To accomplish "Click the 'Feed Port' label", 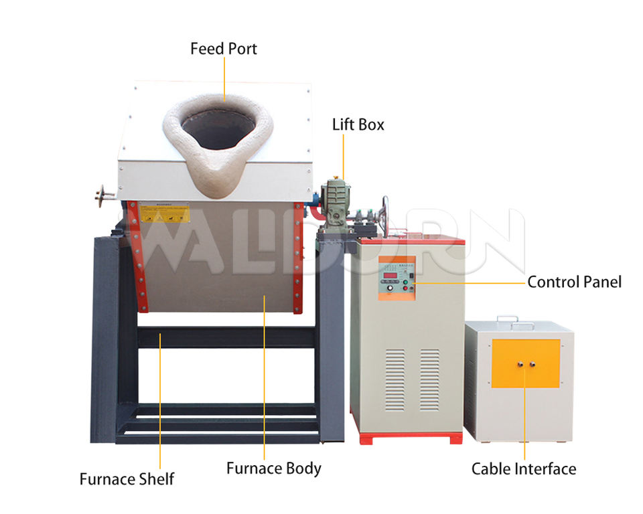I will point(223,49).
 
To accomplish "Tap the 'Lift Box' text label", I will point(358,124).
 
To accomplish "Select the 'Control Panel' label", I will point(574,282).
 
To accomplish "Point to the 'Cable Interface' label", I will point(523,468).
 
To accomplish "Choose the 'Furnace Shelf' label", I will point(127,479).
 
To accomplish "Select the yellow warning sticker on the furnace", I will point(164,213).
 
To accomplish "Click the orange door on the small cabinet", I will point(526,363).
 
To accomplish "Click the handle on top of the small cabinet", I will point(515,321).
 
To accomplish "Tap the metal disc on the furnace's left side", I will point(102,195).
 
